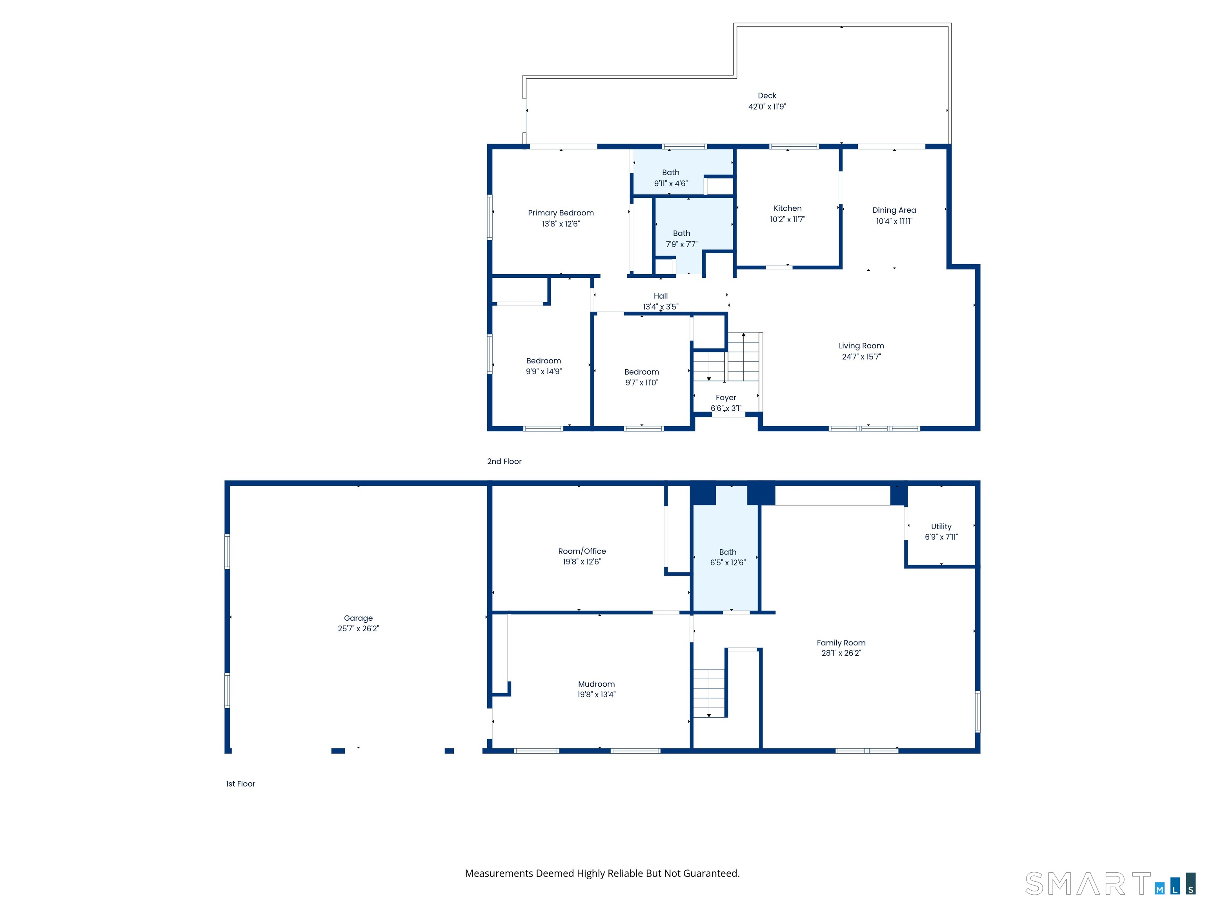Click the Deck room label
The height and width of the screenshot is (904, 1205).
[x=766, y=95]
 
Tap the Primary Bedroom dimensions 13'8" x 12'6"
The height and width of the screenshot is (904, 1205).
[x=561, y=224]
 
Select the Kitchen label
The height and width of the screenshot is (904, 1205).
[x=787, y=208]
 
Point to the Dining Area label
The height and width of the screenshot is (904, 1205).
[x=894, y=210]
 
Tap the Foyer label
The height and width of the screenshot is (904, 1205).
[x=726, y=397]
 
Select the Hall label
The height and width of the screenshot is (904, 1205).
[x=660, y=296]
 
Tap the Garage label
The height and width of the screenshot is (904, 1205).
[x=358, y=618]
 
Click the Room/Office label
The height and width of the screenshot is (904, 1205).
[x=582, y=551]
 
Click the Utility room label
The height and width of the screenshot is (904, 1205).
[x=941, y=527]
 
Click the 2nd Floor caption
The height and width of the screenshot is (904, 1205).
[x=504, y=461]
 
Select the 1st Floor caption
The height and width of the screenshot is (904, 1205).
[x=240, y=784]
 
